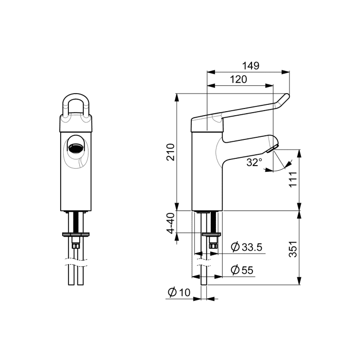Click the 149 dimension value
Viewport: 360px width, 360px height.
click(251, 66)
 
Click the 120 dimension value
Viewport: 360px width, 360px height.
click(238, 79)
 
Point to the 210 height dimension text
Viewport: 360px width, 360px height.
click(171, 152)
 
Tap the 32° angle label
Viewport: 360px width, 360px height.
click(255, 163)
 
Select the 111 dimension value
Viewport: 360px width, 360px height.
click(293, 179)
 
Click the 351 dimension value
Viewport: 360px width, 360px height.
click(293, 249)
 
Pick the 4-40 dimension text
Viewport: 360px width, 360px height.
click(171, 223)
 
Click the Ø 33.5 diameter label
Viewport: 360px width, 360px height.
click(246, 247)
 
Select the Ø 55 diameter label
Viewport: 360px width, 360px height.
click(242, 270)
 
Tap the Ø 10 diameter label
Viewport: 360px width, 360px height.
click(179, 293)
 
